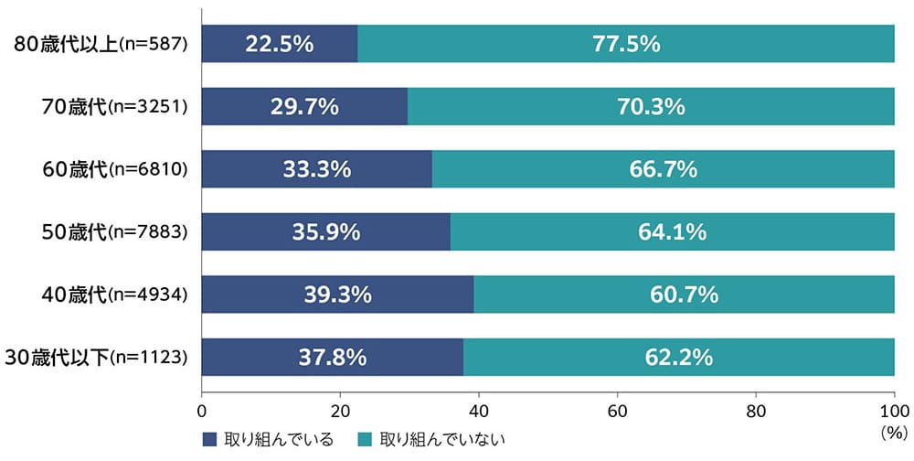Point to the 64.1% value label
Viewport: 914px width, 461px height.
tap(672, 231)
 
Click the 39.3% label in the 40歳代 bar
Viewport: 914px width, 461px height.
tap(337, 295)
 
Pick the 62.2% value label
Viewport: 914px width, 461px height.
tap(678, 357)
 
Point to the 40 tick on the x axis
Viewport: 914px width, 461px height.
tap(478, 410)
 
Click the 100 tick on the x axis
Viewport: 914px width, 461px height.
tap(894, 410)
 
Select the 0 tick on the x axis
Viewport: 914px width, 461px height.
tap(201, 410)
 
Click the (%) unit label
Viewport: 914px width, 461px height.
tap(893, 430)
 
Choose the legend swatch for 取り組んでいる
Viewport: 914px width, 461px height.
tap(208, 438)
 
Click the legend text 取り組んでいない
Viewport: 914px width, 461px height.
tap(441, 438)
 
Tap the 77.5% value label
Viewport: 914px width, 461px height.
tap(626, 44)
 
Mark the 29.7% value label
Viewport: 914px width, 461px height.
tap(304, 107)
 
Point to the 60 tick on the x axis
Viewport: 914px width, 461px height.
tap(617, 410)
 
